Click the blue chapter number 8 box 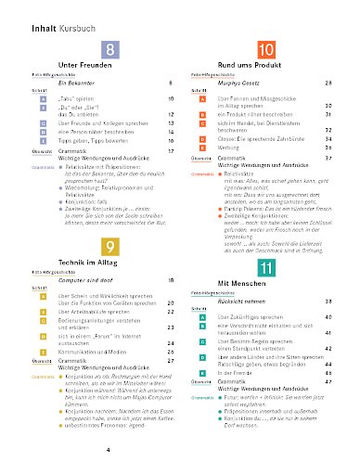pos(111,52)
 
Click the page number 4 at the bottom pos(109,450)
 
